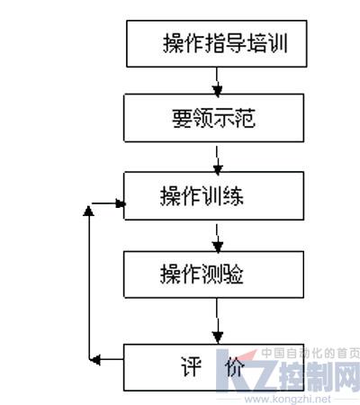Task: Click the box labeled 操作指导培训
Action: click(x=217, y=43)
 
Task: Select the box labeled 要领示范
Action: click(x=214, y=118)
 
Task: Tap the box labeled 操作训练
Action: click(x=214, y=196)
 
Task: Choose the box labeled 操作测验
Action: click(x=214, y=274)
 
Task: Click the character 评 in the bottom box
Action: click(x=191, y=366)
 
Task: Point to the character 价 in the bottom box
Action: click(x=235, y=366)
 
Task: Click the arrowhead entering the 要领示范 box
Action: click(x=217, y=90)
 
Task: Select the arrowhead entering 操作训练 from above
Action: click(x=218, y=169)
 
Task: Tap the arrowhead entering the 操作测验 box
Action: click(x=218, y=247)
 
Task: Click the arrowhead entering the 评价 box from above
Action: click(x=218, y=337)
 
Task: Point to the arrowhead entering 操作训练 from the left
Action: click(x=121, y=204)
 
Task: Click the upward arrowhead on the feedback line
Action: click(x=88, y=211)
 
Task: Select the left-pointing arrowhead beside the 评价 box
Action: click(x=95, y=359)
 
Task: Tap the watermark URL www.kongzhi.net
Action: click(x=287, y=400)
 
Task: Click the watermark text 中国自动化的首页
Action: click(x=310, y=354)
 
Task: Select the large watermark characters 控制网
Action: click(x=319, y=376)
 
